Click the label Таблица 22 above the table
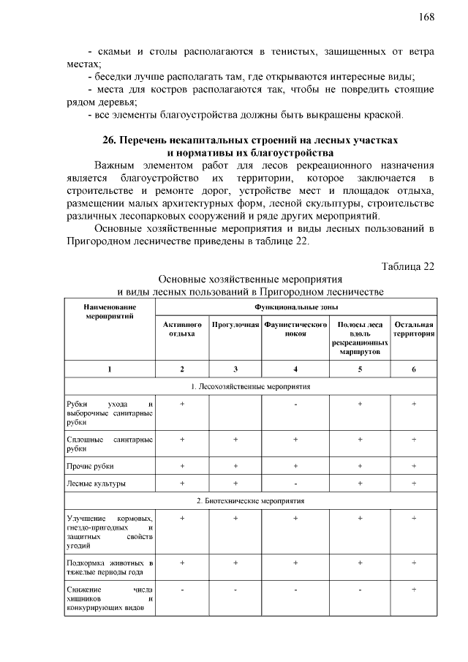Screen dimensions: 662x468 point(408,266)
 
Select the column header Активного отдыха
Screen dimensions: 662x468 point(182,328)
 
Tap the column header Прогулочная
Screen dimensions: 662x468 point(235,324)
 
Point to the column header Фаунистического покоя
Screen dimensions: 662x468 point(295,328)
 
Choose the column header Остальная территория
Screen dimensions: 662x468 point(414,328)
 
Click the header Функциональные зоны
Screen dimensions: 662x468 point(296,309)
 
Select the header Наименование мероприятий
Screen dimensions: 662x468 point(109,314)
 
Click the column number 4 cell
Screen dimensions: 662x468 point(295,369)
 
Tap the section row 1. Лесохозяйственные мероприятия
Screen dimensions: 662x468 point(251,385)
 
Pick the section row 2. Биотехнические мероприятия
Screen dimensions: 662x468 point(251,501)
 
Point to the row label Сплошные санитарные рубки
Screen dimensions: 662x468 point(109,444)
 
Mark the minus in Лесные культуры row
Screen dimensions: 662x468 point(295,483)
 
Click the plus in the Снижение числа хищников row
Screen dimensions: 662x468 point(414,589)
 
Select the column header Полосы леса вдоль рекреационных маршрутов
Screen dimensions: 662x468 point(360,338)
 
